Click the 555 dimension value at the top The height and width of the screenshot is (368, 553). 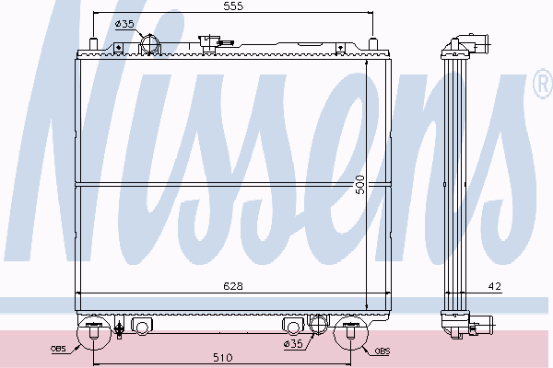233,6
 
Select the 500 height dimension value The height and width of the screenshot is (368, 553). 360,184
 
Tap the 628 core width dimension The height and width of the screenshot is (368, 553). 233,286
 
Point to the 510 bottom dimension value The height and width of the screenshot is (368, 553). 223,358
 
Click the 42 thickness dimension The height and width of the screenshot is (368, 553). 495,286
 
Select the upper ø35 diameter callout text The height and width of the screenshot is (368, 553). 124,24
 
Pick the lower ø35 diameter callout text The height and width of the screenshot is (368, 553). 293,343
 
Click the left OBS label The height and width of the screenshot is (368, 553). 58,349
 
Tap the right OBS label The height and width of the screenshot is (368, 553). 382,351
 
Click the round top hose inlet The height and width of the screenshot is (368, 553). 150,45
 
